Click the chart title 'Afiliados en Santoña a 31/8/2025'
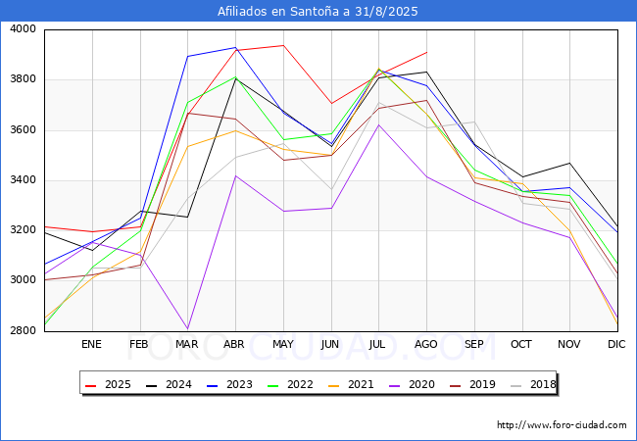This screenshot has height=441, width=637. point(318,12)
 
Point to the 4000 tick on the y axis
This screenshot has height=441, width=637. point(23,29)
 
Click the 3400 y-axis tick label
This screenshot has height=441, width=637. point(23,180)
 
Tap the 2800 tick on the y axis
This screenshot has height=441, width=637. point(23,331)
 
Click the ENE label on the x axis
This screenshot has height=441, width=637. point(91,344)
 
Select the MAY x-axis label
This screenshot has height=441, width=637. point(282,344)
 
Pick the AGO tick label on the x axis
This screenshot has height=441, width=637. point(426,344)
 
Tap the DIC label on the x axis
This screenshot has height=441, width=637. point(616,344)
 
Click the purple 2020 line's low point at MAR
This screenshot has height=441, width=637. point(187,329)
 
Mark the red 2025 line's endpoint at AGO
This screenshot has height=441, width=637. point(426,52)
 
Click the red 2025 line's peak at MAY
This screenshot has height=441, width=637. point(282,45)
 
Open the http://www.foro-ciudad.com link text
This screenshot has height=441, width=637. point(562,425)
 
